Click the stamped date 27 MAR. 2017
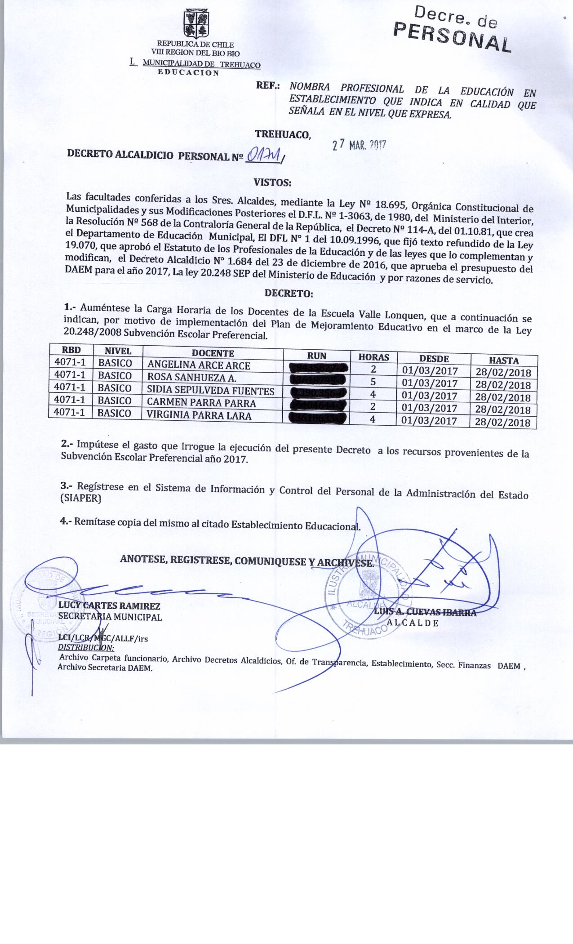(359, 145)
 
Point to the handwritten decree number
(265, 156)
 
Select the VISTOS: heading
(273, 183)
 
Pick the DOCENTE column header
(213, 353)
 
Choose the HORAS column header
(373, 357)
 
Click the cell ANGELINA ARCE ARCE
(199, 365)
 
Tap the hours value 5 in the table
(373, 383)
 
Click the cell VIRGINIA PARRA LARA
(199, 415)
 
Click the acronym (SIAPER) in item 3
(81, 499)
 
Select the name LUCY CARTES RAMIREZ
(109, 606)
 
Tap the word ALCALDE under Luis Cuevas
(413, 623)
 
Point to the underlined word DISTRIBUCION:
(86, 648)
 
